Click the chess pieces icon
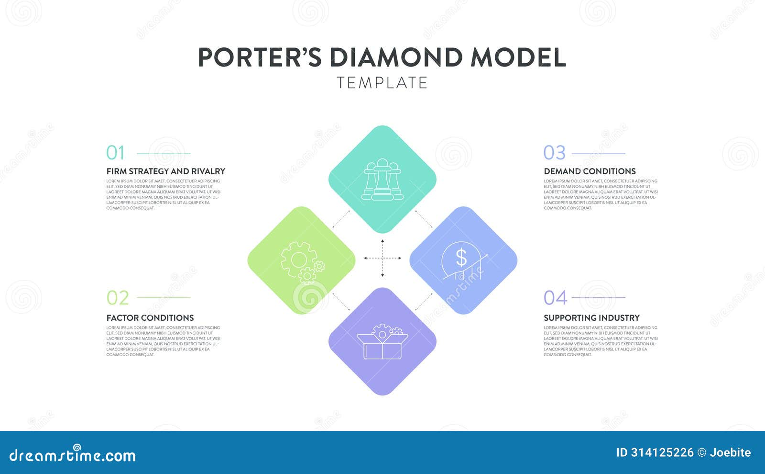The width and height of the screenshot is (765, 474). [382, 180]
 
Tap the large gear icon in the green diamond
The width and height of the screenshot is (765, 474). [298, 260]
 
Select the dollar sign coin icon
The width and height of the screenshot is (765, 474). [461, 258]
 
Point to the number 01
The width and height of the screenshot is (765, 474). [115, 153]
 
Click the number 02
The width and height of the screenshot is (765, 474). [118, 298]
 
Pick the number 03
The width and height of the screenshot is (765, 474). [554, 153]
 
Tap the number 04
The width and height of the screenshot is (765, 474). [555, 298]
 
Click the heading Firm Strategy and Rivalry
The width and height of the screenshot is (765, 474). [165, 171]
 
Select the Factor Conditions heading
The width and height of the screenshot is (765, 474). [150, 318]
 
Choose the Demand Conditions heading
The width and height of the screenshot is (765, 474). [590, 171]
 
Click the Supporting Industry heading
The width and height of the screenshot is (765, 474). [591, 318]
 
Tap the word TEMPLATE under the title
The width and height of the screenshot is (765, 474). [382, 83]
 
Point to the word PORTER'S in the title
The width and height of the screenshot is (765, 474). [260, 57]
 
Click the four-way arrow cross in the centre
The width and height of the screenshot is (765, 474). [382, 258]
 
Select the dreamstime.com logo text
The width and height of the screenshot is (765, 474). [72, 455]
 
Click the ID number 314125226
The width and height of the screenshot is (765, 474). [662, 452]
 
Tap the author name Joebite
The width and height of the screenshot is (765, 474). [730, 452]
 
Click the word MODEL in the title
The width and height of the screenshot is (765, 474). [518, 57]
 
